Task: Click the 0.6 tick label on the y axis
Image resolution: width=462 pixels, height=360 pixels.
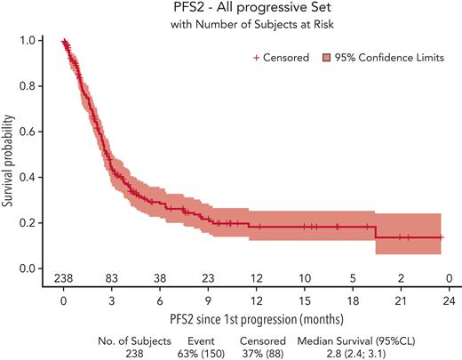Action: tap(32, 132)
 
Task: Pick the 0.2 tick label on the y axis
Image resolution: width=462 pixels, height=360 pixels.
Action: tap(32, 223)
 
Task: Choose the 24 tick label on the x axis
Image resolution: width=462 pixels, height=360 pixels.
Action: tap(449, 300)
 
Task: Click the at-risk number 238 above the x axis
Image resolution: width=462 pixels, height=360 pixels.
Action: tap(63, 277)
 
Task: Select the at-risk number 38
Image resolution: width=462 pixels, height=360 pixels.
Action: tap(159, 277)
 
